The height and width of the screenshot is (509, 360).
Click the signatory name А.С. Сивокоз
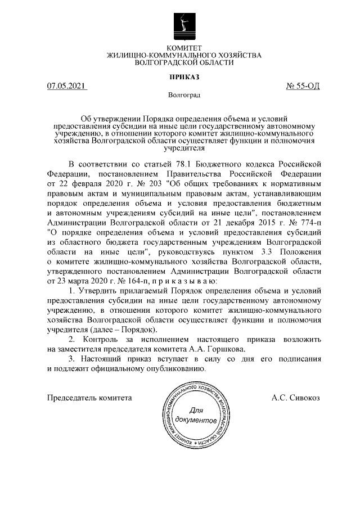[295, 398]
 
